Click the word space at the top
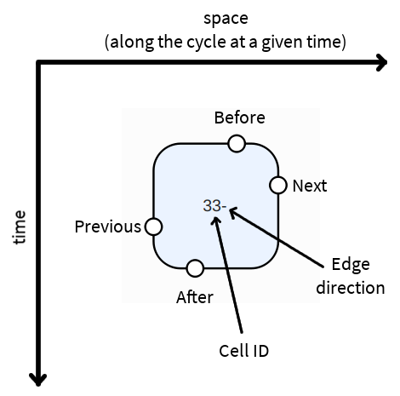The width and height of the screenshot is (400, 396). [x=226, y=20]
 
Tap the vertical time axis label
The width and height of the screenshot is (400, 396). [x=20, y=227]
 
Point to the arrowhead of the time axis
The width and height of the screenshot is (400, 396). [x=38, y=380]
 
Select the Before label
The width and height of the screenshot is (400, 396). [x=240, y=118]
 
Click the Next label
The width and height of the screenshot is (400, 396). [x=310, y=186]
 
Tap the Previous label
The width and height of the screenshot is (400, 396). [x=108, y=227]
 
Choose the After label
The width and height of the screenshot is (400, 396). [x=195, y=297]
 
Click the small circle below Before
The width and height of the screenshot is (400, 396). [x=237, y=144]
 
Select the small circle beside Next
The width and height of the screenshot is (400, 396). [x=278, y=185]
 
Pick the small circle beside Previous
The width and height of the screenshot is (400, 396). [x=153, y=227]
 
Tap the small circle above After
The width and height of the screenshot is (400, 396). [x=195, y=268]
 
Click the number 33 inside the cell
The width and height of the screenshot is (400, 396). [x=212, y=205]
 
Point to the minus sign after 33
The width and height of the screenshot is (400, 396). [x=224, y=207]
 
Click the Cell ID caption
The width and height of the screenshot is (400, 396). [x=244, y=351]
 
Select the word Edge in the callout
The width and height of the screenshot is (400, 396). [x=351, y=266]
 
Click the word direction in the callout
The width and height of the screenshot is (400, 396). [x=351, y=288]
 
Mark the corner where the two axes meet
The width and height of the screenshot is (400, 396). [x=38, y=62]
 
